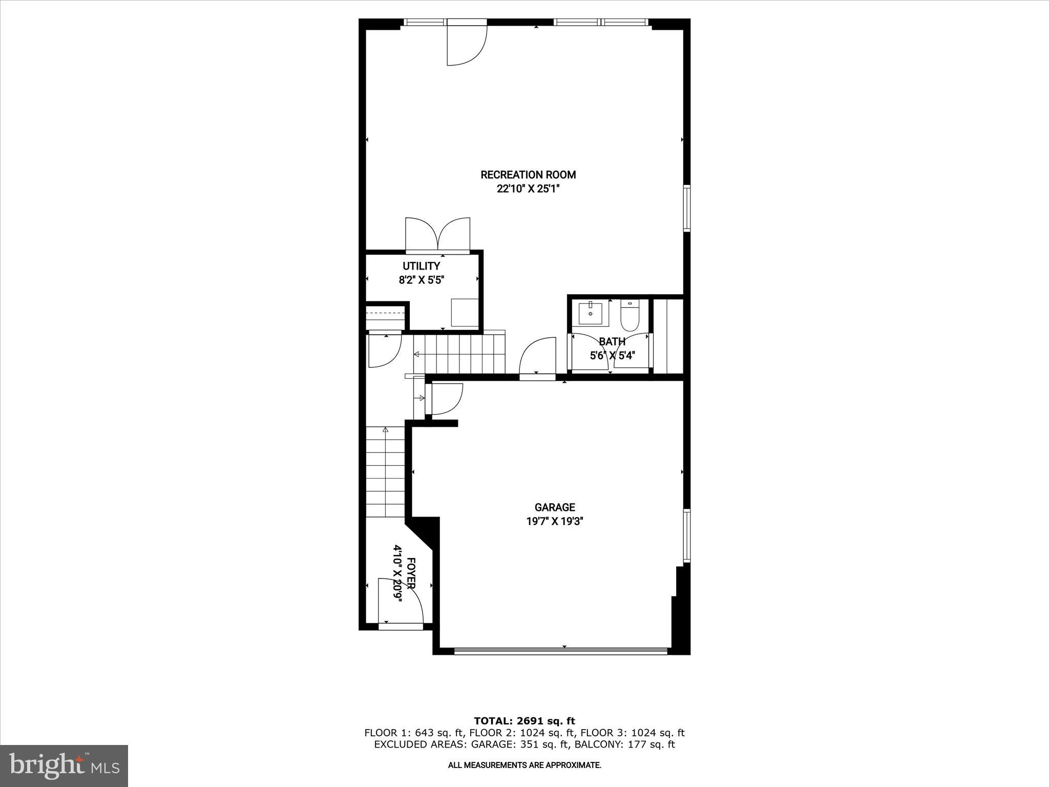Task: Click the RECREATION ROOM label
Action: click(528, 175)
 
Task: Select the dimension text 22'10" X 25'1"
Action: click(528, 189)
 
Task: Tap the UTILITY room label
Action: click(421, 266)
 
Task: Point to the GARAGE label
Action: click(555, 507)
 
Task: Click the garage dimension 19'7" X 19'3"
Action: click(555, 522)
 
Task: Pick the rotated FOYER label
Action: click(411, 573)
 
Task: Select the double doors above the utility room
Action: click(437, 235)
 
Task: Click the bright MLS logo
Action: click(64, 765)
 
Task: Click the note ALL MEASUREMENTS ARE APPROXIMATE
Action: click(524, 765)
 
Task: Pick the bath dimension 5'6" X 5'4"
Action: click(612, 355)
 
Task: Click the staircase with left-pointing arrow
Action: click(459, 354)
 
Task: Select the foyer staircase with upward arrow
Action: click(386, 472)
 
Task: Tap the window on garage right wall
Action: click(687, 535)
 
